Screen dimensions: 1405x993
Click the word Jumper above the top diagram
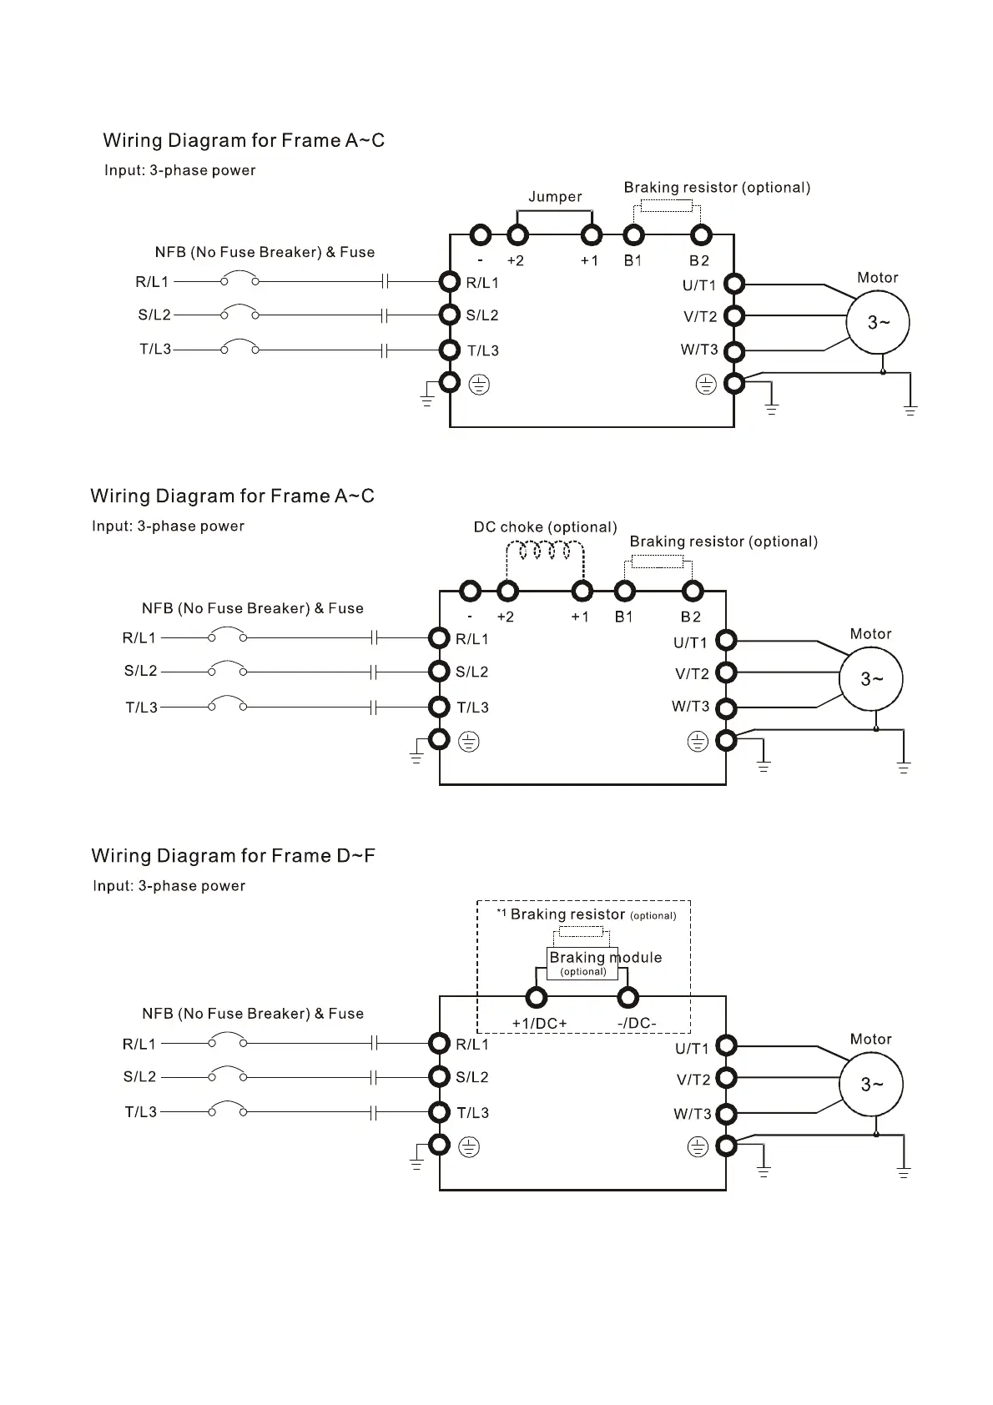click(555, 197)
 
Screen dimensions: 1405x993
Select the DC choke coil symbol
click(545, 551)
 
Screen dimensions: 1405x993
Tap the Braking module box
click(582, 963)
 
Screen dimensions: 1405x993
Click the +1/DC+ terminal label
click(539, 1024)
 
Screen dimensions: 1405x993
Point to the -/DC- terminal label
click(637, 1024)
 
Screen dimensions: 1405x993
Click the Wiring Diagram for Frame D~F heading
click(233, 856)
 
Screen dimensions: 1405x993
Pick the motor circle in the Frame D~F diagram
click(871, 1084)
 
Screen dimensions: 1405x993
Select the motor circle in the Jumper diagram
click(878, 322)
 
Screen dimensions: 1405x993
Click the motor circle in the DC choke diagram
click(871, 679)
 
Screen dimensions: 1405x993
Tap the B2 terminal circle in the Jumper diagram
click(701, 235)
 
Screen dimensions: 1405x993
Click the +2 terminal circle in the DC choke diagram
click(507, 592)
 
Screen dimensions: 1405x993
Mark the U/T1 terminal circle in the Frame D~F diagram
click(727, 1045)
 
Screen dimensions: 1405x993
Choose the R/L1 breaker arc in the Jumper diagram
click(239, 276)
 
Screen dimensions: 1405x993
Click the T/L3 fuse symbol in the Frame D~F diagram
click(375, 1112)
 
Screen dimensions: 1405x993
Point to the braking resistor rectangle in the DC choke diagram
click(658, 561)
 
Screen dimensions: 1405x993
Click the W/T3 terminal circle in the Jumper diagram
click(733, 350)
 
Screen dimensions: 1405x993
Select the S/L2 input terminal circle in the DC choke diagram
click(440, 672)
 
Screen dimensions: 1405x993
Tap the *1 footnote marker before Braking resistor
click(502, 914)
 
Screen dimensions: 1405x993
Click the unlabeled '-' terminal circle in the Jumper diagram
click(480, 235)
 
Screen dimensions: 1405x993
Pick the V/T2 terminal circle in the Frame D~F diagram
click(727, 1079)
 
